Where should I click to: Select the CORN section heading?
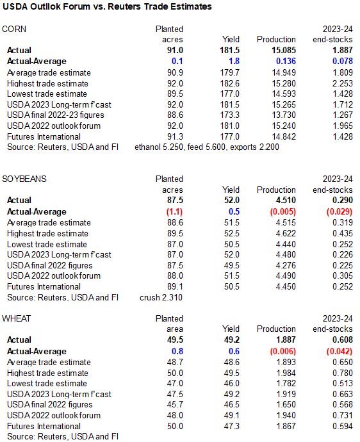tap(14, 29)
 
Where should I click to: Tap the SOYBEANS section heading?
tap(24, 179)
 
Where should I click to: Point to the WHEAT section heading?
tap(17, 318)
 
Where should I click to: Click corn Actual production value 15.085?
tap(284, 50)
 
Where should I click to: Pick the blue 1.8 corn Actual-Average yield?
tap(234, 61)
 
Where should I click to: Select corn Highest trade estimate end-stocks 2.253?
tap(343, 83)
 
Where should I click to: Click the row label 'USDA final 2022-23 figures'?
tap(56, 115)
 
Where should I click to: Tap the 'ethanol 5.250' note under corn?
tap(159, 147)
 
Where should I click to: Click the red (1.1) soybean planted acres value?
tap(174, 211)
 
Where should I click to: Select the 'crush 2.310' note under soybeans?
tap(161, 297)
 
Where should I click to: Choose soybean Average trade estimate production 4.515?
tap(286, 223)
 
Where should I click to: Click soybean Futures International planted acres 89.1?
tap(175, 287)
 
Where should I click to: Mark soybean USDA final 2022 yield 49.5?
tap(232, 266)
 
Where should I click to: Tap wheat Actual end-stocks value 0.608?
tap(343, 340)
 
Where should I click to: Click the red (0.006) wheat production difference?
tap(283, 351)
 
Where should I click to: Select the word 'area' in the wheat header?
tap(175, 329)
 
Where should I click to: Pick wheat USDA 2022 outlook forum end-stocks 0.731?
tap(343, 416)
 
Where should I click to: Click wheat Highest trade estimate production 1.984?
tap(286, 373)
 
